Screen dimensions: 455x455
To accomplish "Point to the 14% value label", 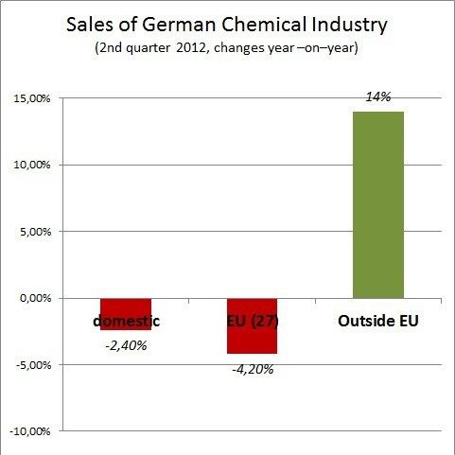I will tap(377, 96).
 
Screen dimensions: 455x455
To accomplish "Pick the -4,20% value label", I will tap(252, 369).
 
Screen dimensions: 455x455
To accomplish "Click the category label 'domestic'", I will tap(126, 321).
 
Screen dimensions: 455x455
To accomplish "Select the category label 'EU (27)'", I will tap(252, 321).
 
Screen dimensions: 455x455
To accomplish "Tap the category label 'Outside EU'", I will tap(377, 321).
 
